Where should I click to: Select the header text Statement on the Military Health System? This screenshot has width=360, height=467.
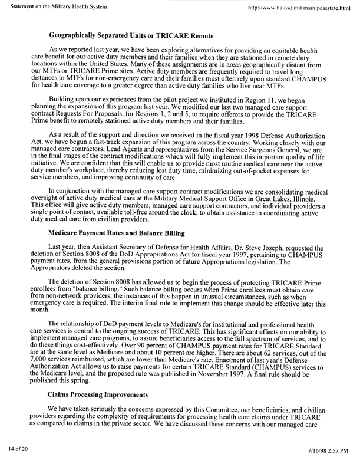click(57, 6)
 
